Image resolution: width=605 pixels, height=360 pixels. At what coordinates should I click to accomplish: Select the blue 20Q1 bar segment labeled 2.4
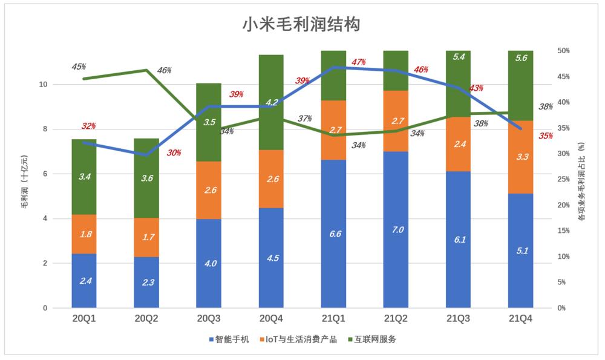84,281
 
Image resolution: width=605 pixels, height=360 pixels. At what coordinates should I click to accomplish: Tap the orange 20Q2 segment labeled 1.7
146,237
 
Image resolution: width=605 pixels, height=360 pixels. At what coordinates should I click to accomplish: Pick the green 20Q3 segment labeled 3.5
209,122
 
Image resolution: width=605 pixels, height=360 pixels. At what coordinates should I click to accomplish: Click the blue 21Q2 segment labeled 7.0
396,230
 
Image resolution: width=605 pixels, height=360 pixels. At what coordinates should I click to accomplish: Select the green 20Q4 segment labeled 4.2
271,102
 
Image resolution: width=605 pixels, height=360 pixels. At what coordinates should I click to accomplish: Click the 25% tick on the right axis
562,179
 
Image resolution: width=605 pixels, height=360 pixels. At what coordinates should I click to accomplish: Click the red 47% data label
358,62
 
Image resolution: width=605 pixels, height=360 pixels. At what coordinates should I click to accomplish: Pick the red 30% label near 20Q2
174,153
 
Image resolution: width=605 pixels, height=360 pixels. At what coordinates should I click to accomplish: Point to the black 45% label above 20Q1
79,67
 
